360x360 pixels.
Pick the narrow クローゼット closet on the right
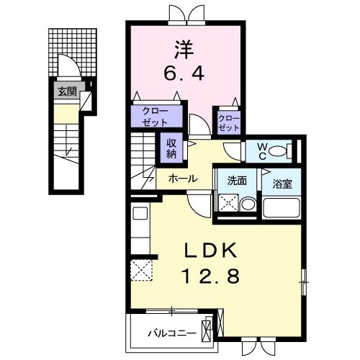pos(228,121)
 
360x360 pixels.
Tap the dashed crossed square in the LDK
pos(140,271)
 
